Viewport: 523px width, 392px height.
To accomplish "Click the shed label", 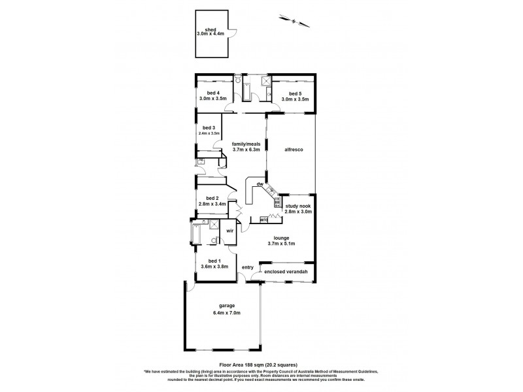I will point(210,29).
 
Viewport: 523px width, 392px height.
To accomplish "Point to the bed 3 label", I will point(209,127).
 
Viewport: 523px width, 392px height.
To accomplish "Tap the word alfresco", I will point(292,149).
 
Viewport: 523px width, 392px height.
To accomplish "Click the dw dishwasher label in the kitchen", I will point(260,184).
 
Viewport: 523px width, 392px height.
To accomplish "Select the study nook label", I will point(298,206).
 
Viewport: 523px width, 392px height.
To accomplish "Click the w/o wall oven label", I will point(263,219).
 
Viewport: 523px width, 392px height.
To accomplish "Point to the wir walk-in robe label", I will point(230,231).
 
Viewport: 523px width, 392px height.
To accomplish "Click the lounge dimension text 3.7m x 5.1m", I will point(283,244).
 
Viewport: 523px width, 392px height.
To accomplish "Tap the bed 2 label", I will point(211,199).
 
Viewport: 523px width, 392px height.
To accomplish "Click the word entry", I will point(248,267).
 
